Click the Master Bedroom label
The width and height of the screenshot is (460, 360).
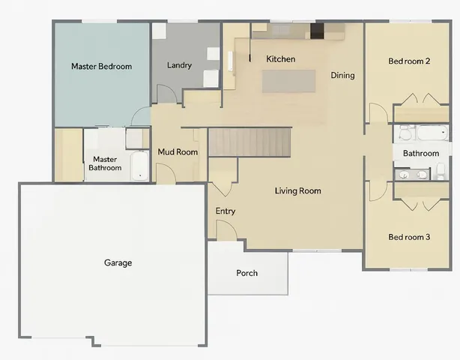[101, 66]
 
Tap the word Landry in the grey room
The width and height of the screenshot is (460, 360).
[180, 65]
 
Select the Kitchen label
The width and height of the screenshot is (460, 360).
[281, 58]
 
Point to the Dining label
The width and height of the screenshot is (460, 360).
[342, 75]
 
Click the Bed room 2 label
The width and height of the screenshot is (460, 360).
[408, 61]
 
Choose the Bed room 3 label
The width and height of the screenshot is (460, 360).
[408, 237]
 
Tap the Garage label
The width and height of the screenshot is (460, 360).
[118, 262]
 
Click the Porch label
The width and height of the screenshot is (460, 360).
[246, 273]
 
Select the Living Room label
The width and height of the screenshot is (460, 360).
[297, 190]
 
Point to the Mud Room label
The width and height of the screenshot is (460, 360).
[178, 152]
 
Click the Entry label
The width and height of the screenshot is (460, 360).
[226, 211]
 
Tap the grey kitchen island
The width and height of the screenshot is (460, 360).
[289, 81]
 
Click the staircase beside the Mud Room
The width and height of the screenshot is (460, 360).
[249, 142]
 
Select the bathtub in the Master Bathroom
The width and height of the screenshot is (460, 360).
[140, 166]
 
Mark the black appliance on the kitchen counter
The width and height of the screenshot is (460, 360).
[317, 30]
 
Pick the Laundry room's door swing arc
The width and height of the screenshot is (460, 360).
[167, 93]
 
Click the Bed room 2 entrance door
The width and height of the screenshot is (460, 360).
[378, 114]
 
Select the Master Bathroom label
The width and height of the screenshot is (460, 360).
[105, 163]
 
